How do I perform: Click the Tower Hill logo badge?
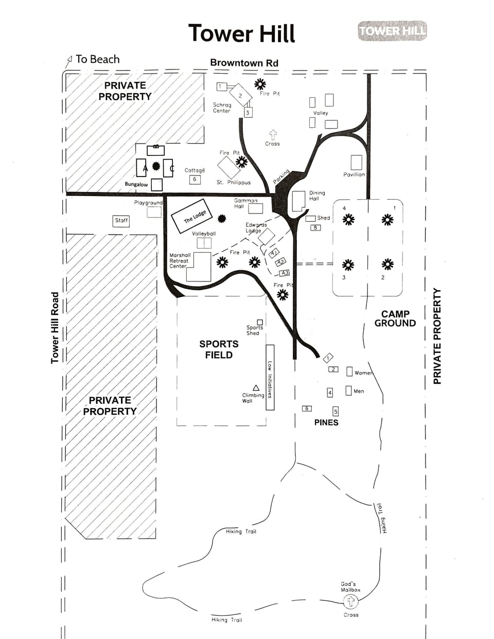392,31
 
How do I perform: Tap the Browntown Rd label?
244,63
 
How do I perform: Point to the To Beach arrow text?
93,59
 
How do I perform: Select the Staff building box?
121,220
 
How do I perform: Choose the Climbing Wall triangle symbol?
256,387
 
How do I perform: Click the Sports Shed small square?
260,322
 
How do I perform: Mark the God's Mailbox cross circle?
351,601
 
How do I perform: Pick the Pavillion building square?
356,163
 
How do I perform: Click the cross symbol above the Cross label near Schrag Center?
273,135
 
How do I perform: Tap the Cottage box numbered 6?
195,180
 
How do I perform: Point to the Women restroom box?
349,371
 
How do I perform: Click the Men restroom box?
348,390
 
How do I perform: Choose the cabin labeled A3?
284,273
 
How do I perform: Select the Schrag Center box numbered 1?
222,86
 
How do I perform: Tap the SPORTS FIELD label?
219,349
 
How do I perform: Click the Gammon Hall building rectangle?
255,208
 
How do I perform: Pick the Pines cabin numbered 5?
336,412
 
